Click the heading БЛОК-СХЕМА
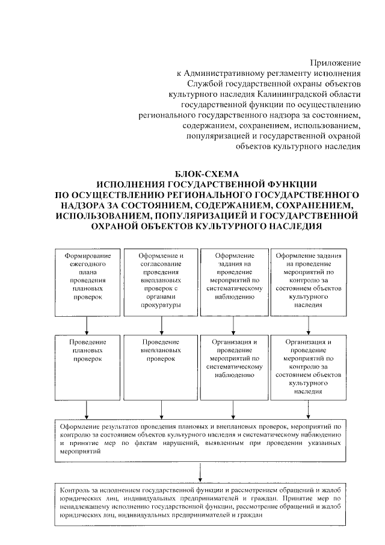pos(208,173)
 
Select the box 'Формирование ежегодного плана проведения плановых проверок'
pos(88,281)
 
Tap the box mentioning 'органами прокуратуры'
pos(161,281)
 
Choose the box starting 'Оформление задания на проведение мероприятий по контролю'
pos(308,281)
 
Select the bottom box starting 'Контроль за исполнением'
pos(199,502)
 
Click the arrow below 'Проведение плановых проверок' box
pos(88,410)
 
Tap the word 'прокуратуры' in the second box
pos(161,305)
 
